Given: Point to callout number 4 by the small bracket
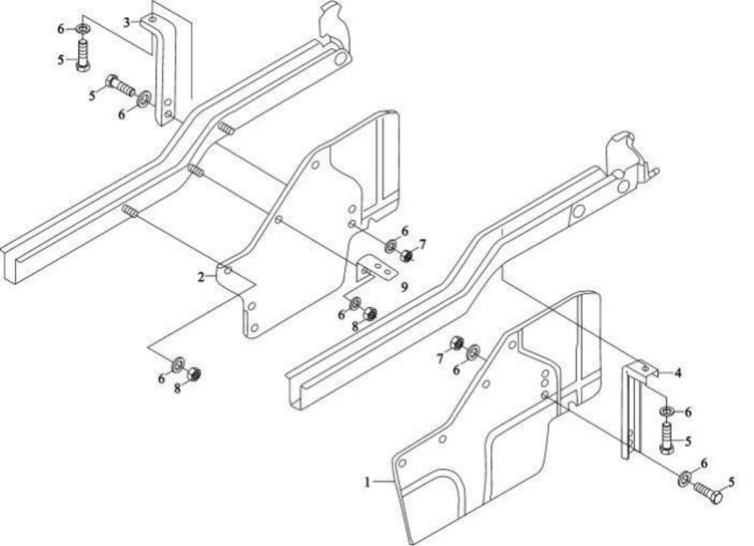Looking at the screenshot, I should [678, 372].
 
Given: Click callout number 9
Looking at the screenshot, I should [404, 287].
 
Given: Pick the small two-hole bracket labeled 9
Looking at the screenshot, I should [377, 268].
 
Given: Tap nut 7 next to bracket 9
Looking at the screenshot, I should [407, 256].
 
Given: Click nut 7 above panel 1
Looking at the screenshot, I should [455, 343].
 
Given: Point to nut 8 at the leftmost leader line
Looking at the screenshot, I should [194, 374].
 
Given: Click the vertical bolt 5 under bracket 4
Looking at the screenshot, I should [666, 438].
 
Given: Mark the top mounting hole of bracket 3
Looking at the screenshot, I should [153, 20].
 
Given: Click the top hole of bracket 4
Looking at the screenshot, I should [645, 367].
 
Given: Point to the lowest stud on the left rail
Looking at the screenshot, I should [129, 211].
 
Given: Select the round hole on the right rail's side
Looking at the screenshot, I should [579, 211].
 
